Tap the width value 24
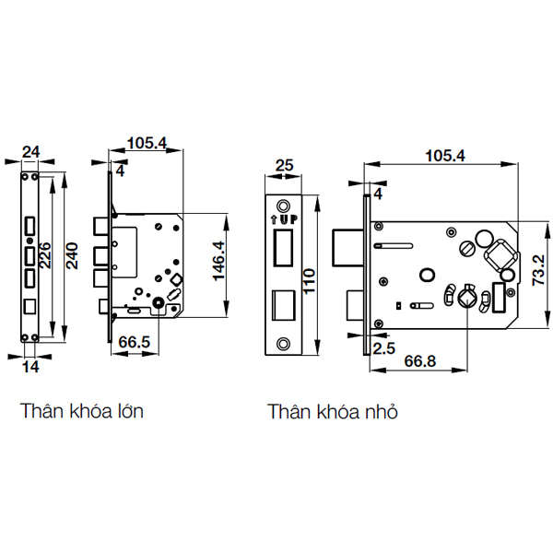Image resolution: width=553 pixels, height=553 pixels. coord(29,152)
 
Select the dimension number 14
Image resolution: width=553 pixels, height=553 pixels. coord(29,367)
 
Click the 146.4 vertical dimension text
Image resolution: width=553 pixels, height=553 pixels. coord(218,268)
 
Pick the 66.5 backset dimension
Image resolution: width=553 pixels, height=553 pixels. coord(135,343)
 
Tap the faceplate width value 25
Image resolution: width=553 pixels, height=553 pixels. coord(284,167)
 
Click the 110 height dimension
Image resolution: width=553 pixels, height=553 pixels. coord(311,276)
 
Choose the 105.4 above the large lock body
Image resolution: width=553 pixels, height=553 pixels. coord(146,143)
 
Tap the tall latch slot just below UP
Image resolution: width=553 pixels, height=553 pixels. coord(284,249)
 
